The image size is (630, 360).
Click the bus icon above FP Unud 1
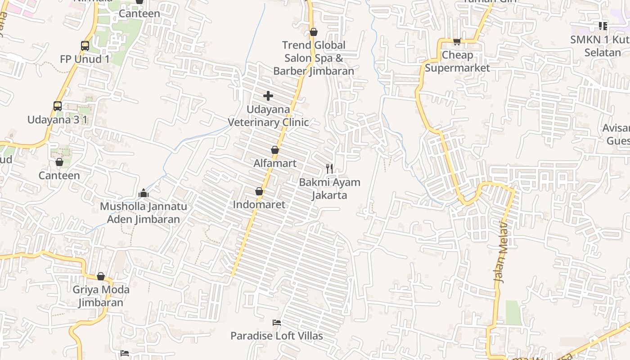pyautogui.click(x=85, y=45)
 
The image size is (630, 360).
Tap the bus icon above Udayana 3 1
pyautogui.click(x=58, y=106)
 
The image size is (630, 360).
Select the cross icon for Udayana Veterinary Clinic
pyautogui.click(x=268, y=95)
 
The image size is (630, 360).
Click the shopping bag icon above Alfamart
pyautogui.click(x=275, y=150)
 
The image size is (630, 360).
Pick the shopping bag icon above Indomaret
pyautogui.click(x=259, y=191)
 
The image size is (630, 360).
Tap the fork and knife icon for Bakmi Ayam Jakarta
pyautogui.click(x=329, y=169)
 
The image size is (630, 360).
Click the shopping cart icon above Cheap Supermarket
pyautogui.click(x=457, y=42)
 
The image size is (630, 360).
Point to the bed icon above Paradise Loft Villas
pyautogui.click(x=277, y=323)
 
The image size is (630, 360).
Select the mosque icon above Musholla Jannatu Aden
pyautogui.click(x=144, y=193)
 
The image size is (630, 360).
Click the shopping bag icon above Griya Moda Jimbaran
pyautogui.click(x=101, y=276)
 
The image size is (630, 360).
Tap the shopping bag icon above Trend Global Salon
pyautogui.click(x=314, y=32)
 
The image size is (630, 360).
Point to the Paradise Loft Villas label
pyautogui.click(x=277, y=336)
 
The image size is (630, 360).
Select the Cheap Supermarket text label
pyautogui.click(x=457, y=62)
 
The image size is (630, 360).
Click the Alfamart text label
pyautogui.click(x=275, y=163)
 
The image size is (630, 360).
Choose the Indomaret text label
pyautogui.click(x=259, y=204)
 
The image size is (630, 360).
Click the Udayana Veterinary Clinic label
pyautogui.click(x=268, y=116)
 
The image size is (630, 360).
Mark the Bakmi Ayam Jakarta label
pyautogui.click(x=329, y=189)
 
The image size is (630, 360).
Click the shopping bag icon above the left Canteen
pyautogui.click(x=59, y=162)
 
